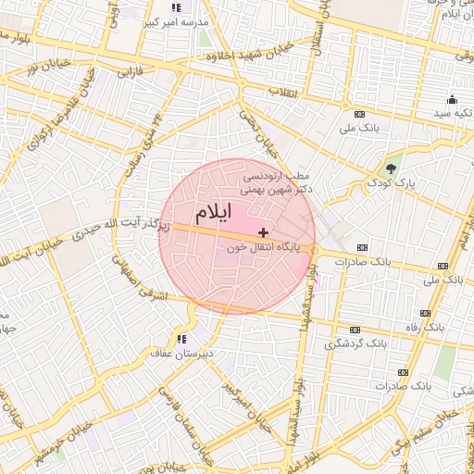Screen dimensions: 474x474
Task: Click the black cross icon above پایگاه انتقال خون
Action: [x=264, y=232]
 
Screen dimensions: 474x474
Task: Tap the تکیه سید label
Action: [x=451, y=113]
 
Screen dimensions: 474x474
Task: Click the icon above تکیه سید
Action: [x=452, y=99]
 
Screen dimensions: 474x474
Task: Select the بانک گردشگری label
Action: [x=355, y=343]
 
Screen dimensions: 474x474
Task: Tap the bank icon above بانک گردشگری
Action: [x=355, y=329]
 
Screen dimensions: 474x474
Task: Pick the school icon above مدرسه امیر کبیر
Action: [x=176, y=7]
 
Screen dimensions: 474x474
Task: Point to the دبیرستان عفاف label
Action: [x=182, y=354]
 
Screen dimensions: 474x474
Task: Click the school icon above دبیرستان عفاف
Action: [x=182, y=339]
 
